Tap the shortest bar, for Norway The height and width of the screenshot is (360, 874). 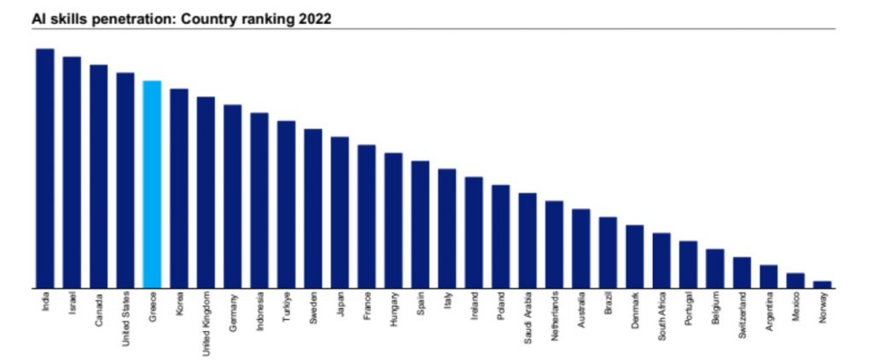[x=823, y=285]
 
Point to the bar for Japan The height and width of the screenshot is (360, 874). [x=340, y=212]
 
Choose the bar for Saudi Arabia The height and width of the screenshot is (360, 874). [x=527, y=241]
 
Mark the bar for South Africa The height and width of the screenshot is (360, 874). [x=661, y=260]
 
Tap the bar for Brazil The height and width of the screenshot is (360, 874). [x=608, y=253]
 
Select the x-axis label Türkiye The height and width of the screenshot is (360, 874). [x=288, y=308]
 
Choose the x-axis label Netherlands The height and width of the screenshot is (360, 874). [x=556, y=316]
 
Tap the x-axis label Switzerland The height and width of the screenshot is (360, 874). [x=743, y=316]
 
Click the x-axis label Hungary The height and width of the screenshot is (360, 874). [x=394, y=309]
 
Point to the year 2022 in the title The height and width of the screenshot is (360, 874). [x=314, y=18]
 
